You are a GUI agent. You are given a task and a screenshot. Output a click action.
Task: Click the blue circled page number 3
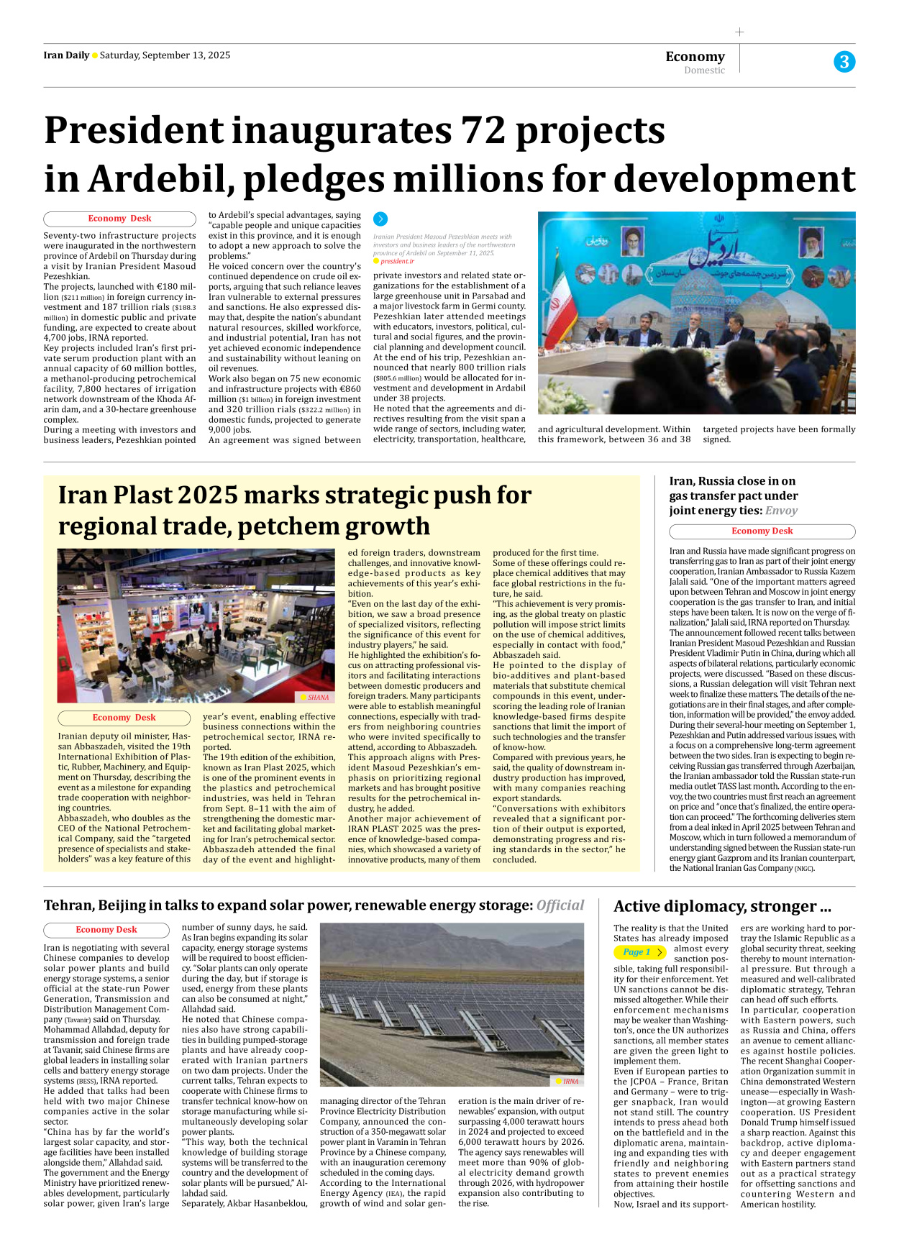[844, 62]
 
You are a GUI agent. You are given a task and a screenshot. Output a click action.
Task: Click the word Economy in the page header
[695, 56]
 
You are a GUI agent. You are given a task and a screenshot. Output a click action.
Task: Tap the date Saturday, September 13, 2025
[165, 55]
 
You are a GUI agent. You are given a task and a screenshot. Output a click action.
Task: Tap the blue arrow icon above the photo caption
[380, 219]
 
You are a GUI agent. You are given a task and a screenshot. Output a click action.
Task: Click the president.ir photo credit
[397, 261]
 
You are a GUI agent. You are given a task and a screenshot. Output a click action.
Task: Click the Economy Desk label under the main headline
[119, 219]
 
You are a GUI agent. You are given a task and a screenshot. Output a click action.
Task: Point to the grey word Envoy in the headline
[781, 511]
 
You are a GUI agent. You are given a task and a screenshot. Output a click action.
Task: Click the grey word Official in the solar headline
[560, 905]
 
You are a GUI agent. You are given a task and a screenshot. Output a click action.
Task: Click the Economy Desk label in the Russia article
[762, 531]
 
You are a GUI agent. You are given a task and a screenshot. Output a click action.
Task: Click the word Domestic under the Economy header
[704, 70]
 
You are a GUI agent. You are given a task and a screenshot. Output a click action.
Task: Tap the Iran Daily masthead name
[66, 55]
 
